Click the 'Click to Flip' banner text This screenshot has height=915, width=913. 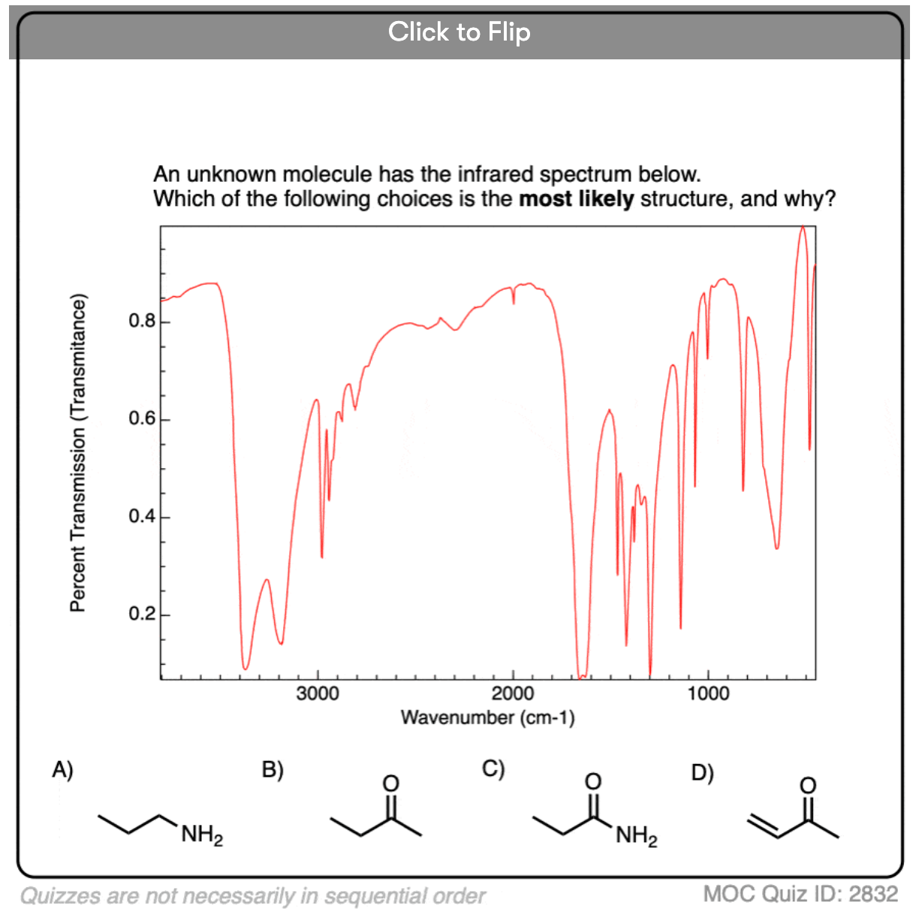tap(459, 32)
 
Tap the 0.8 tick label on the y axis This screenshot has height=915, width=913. tap(141, 322)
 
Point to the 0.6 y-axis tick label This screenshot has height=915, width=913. tap(141, 419)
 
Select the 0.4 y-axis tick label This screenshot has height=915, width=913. tap(141, 517)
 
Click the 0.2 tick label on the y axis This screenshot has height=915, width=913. tap(141, 615)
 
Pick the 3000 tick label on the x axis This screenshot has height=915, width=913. tap(318, 693)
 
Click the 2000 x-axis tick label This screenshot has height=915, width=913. tap(513, 693)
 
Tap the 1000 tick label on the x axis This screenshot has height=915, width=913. tap(708, 693)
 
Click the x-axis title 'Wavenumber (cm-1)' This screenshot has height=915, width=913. tap(487, 717)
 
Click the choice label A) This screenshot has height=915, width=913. tap(62, 769)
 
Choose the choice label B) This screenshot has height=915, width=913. tap(273, 770)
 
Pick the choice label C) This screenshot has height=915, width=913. tap(493, 769)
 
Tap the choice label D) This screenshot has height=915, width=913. tap(702, 772)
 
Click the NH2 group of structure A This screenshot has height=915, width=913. tap(201, 835)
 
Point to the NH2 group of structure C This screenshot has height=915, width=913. tap(636, 835)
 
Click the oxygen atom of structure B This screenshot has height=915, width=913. tap(390, 784)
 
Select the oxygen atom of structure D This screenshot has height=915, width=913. tap(807, 785)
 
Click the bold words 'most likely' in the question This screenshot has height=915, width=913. tap(577, 199)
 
